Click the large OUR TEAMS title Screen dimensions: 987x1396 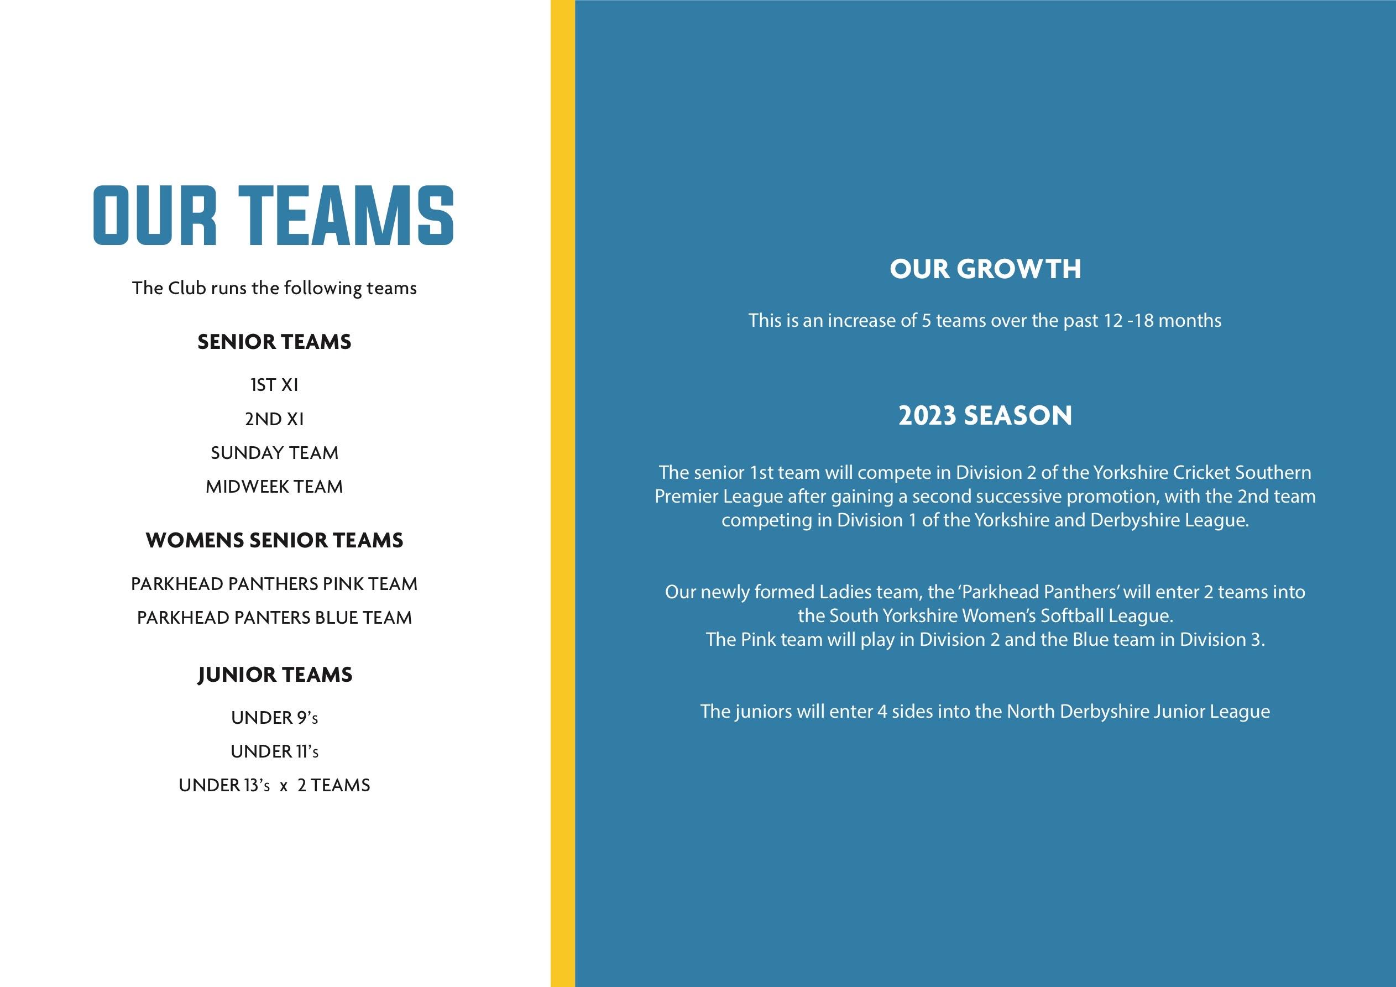274,216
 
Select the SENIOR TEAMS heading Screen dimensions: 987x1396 274,342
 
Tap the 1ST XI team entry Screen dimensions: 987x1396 274,385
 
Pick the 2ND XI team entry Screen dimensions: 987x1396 274,419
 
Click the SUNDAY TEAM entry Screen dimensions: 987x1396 274,453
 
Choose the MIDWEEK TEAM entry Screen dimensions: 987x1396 274,487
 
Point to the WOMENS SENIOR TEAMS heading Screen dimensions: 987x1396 274,541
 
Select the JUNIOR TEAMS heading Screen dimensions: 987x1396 275,675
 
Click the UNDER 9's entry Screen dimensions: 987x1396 274,718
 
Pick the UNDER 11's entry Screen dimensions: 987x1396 274,751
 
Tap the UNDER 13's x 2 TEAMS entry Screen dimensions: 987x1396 274,786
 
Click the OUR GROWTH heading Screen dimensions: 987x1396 985,269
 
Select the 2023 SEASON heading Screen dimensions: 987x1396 985,416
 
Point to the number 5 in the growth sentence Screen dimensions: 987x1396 926,321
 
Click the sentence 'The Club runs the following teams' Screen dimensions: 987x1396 274,288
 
